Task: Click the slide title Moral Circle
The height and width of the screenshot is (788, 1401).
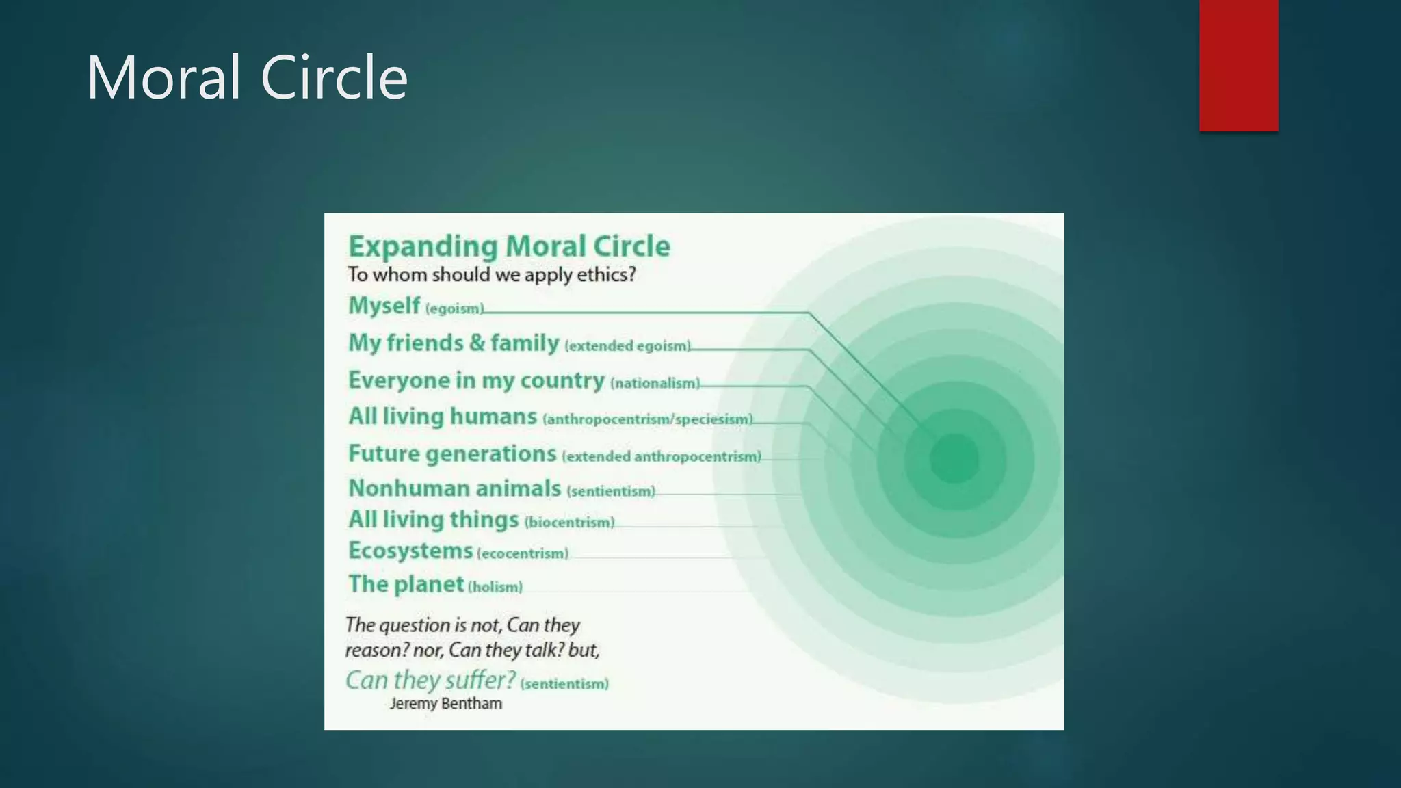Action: (247, 77)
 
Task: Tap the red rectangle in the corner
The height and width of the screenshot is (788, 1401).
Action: (1238, 65)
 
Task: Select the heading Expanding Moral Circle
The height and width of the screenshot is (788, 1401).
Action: (509, 246)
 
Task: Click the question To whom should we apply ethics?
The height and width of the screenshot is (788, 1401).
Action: (491, 275)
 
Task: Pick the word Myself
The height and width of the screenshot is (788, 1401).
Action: (384, 306)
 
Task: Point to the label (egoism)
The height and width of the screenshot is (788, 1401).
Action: (454, 309)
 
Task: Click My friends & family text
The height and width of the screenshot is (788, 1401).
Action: (454, 343)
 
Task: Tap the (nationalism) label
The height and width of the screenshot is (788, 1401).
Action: (655, 384)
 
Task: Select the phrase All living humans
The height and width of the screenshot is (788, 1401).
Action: (442, 417)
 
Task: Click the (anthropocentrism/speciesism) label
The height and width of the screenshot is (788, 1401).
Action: (647, 419)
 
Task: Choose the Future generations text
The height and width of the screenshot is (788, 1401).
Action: (451, 454)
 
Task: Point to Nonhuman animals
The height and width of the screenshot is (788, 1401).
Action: (454, 488)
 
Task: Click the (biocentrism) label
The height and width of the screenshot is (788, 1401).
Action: (569, 523)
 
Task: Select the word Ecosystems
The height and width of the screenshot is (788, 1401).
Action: (410, 551)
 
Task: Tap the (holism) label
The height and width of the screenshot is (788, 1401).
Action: (495, 587)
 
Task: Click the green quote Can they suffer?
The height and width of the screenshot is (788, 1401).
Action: (430, 681)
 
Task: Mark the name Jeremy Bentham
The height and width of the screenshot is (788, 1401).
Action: (445, 704)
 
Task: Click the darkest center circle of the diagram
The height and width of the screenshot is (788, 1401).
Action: (954, 459)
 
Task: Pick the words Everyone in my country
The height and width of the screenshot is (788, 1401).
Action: (476, 380)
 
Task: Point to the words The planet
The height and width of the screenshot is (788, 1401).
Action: (406, 584)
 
